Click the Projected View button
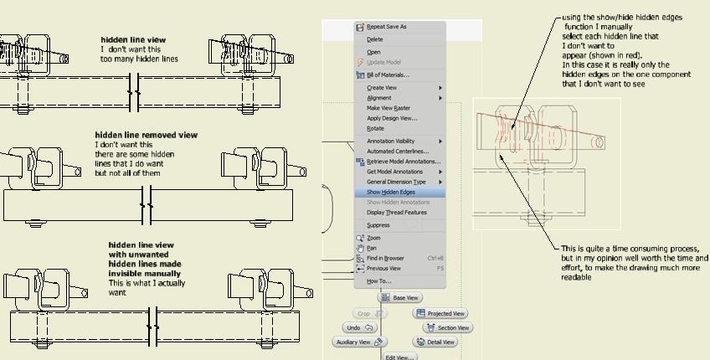pyautogui.click(x=440, y=313)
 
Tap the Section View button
pyautogui.click(x=448, y=327)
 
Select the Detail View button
pyautogui.click(x=435, y=342)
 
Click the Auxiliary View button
pyautogui.click(x=359, y=342)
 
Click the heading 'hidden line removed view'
pyautogui.click(x=147, y=135)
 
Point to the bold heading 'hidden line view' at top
pyautogui.click(x=134, y=40)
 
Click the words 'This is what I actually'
pyautogui.click(x=147, y=283)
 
